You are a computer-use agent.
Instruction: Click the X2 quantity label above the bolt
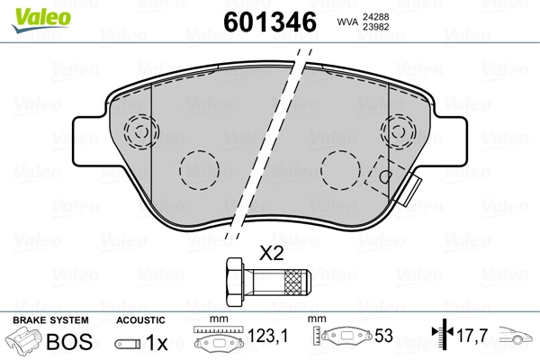[271, 254]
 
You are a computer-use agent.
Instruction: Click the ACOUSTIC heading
[140, 319]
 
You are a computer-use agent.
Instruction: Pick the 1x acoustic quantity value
[158, 342]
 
